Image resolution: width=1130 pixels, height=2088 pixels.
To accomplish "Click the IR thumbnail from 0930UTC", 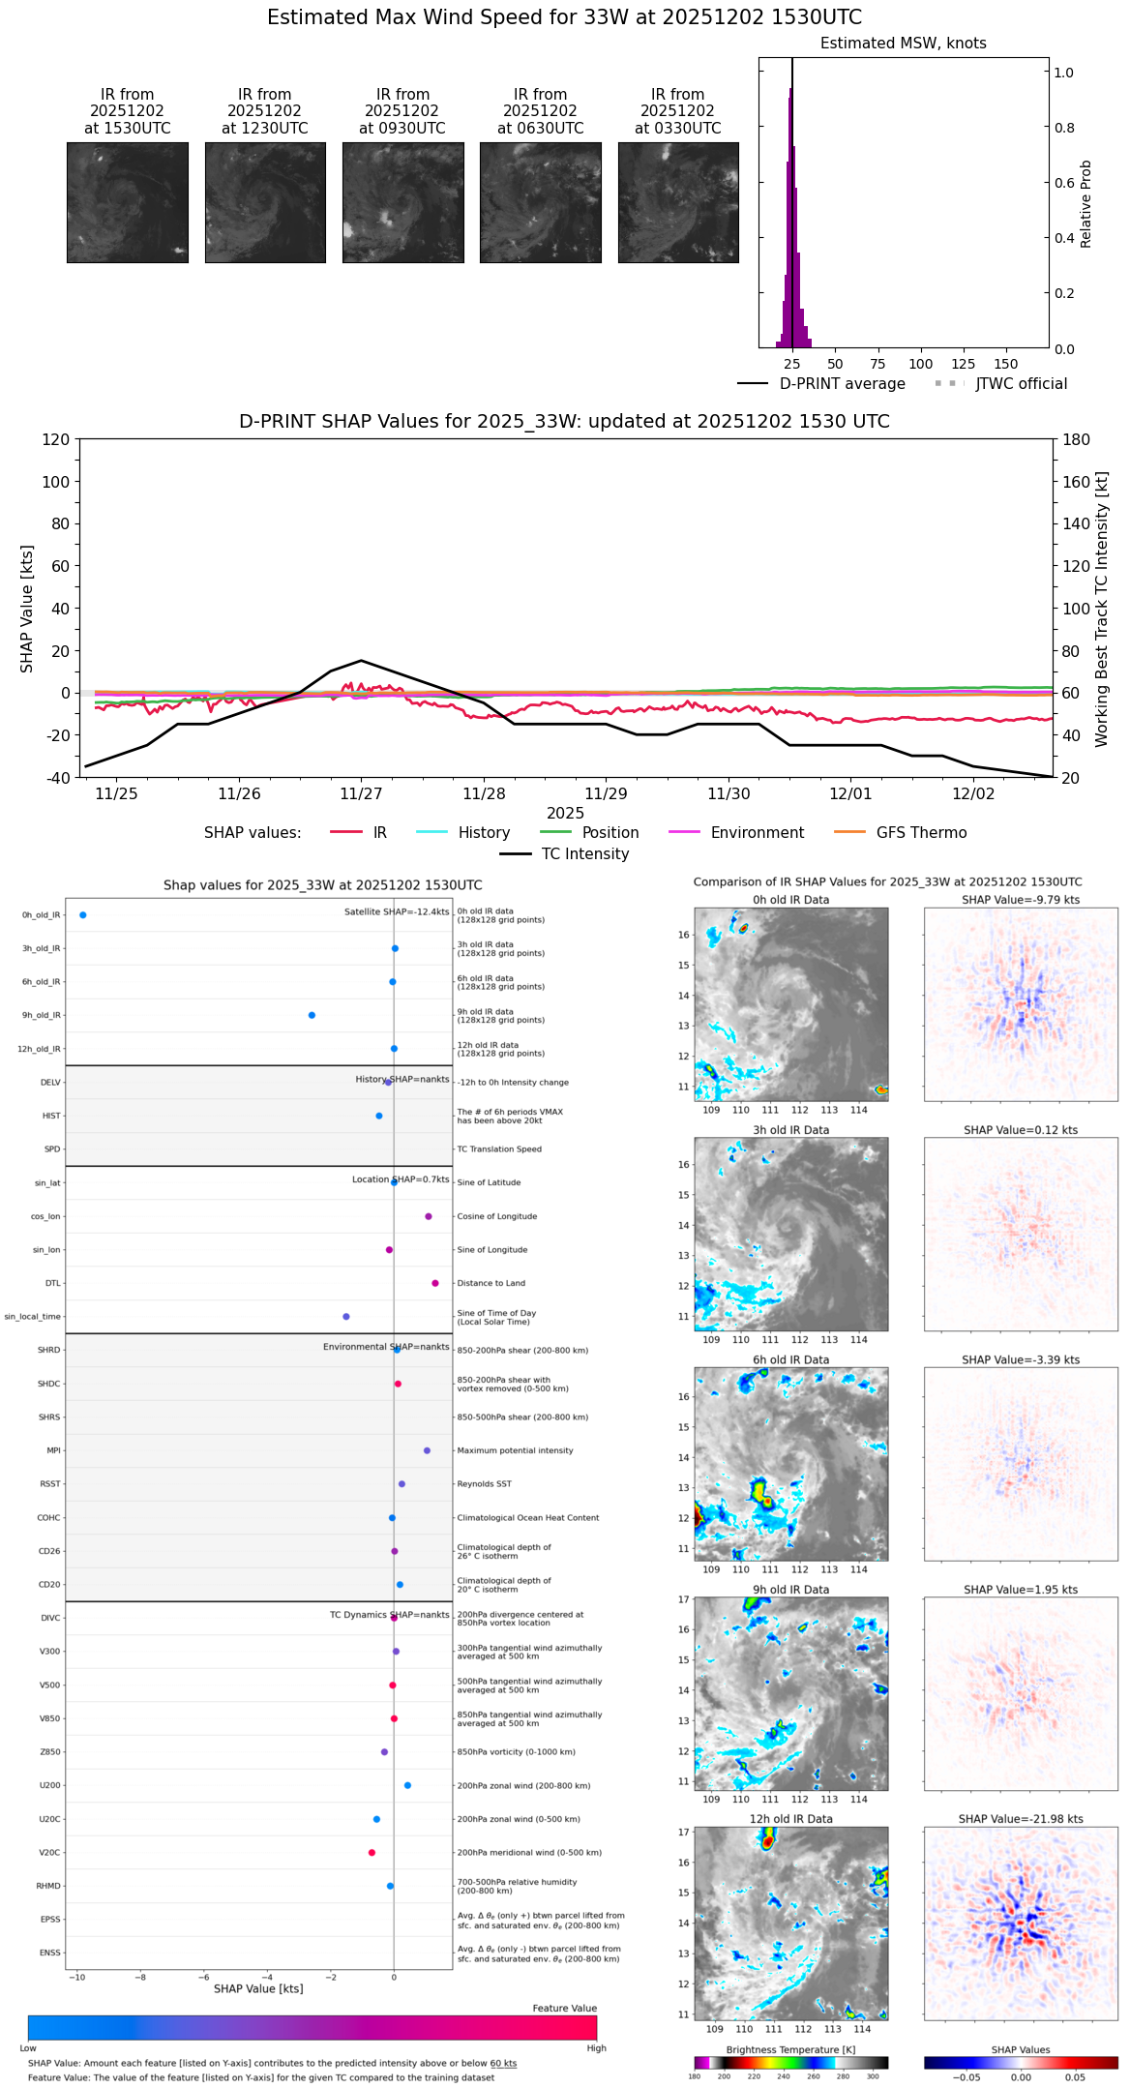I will [402, 202].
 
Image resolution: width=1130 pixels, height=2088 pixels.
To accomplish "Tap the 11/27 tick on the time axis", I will [361, 794].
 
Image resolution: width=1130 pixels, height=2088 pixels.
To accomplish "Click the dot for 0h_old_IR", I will [83, 915].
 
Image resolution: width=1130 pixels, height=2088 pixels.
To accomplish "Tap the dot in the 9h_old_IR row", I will [312, 1015].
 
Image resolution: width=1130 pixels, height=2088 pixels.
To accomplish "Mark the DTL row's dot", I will [435, 1283].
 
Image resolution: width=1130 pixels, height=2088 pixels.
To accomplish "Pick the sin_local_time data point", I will [346, 1317].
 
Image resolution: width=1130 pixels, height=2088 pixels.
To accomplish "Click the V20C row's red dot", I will [372, 1853].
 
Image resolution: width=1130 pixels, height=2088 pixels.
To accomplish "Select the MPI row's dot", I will [427, 1450].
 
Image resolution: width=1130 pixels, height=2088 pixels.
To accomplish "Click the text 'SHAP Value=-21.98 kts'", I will [1021, 1819].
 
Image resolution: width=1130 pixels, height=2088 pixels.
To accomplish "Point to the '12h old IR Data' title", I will [790, 1819].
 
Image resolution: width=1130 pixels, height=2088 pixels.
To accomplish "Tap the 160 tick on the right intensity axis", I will [1077, 482].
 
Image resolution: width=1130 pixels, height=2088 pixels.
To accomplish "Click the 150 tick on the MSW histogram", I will [1006, 365].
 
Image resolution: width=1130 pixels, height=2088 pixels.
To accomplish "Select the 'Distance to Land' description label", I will [491, 1283].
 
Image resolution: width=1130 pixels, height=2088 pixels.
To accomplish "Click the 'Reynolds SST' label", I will [484, 1484].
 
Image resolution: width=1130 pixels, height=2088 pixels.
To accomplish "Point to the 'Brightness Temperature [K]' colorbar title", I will [790, 2050].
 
